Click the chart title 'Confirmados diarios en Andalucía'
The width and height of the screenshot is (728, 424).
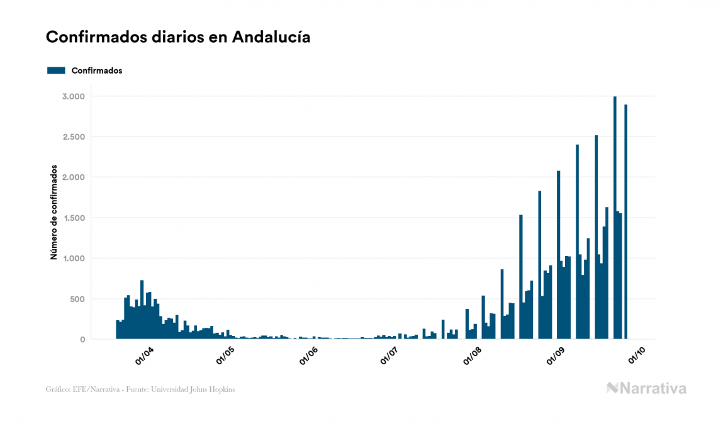click(178, 37)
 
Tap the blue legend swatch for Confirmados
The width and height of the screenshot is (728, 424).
click(56, 70)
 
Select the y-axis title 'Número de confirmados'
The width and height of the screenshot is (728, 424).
click(54, 213)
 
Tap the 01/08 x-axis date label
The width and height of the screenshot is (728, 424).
click(473, 356)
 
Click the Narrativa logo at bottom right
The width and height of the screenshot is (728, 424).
click(646, 388)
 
